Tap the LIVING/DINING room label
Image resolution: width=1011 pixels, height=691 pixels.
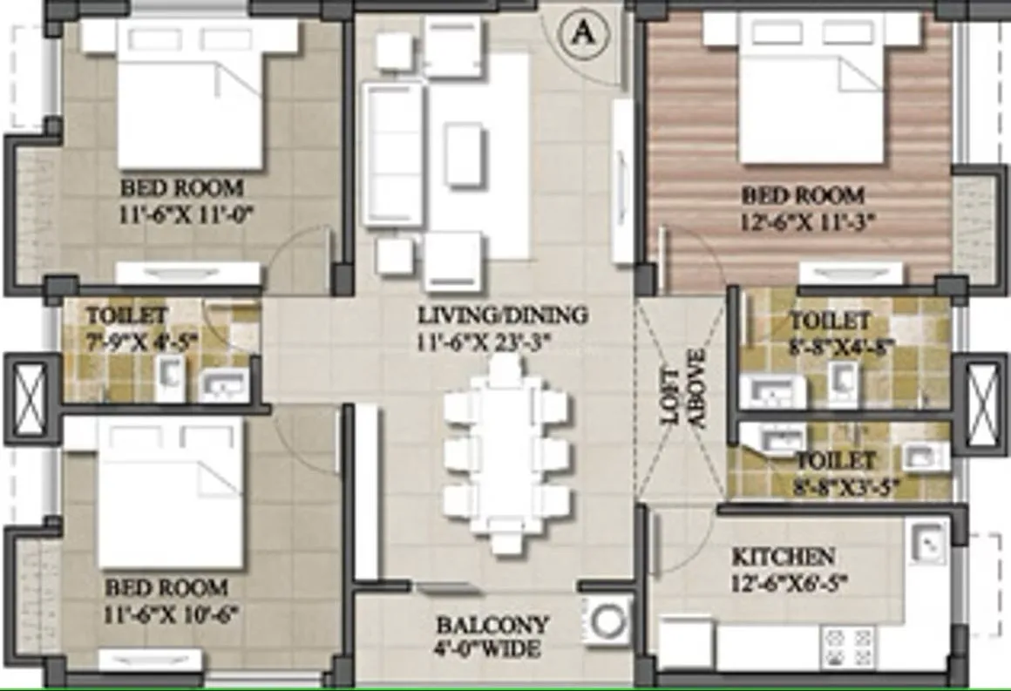(x=502, y=315)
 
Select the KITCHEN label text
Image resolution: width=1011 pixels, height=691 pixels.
(x=783, y=556)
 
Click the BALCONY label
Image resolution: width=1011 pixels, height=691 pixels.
(x=492, y=625)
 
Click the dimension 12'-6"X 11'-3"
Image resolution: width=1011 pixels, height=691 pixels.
(x=803, y=221)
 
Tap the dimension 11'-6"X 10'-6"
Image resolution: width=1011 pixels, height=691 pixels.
(x=172, y=613)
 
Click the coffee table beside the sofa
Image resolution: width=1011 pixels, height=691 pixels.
(x=464, y=153)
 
